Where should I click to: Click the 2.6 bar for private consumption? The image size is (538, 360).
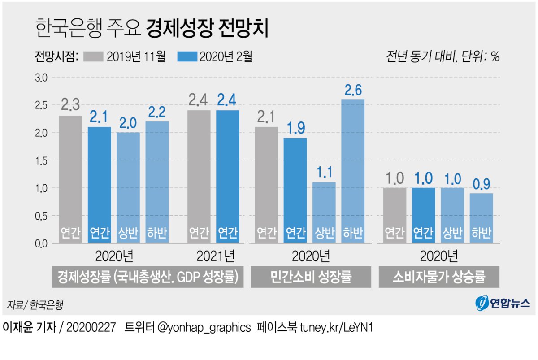353,171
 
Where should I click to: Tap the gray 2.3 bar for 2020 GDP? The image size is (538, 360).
71,179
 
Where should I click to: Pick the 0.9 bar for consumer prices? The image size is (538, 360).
481,218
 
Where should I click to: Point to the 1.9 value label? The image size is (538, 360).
295,128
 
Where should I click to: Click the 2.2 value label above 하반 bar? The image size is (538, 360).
156,112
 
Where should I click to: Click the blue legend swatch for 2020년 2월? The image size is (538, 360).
187,56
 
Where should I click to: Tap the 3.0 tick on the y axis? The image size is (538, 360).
41,78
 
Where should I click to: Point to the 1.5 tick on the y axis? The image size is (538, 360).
41,160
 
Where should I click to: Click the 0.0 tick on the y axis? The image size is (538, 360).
41,243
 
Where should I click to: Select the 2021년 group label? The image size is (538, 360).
216,256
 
